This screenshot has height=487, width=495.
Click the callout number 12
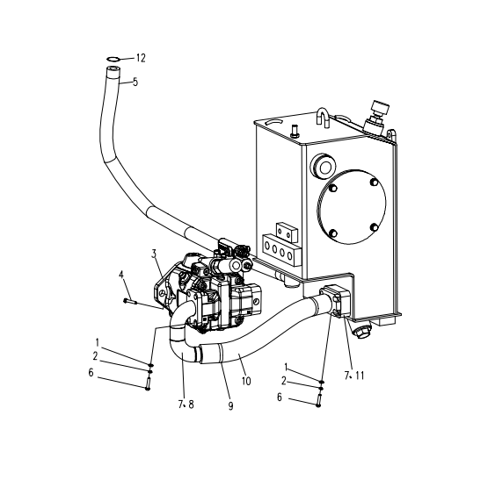(141, 58)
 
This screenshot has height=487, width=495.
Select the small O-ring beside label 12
(113, 59)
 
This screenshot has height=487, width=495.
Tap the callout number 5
(135, 82)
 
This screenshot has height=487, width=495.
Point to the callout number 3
(154, 254)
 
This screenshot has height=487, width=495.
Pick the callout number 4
(121, 275)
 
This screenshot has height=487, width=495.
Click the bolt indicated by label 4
(130, 302)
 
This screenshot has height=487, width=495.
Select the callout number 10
(246, 381)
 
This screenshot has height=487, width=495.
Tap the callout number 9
(230, 406)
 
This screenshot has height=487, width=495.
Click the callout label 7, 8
(186, 405)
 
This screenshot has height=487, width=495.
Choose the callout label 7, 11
(354, 376)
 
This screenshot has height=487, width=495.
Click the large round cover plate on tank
(351, 206)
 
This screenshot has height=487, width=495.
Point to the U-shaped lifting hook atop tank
(323, 118)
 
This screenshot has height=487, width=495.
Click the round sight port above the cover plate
(323, 167)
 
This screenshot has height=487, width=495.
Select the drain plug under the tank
(361, 332)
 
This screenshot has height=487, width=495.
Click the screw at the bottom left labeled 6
(148, 383)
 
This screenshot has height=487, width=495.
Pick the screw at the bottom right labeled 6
(318, 400)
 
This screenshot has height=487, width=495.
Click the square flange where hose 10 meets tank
(336, 300)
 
